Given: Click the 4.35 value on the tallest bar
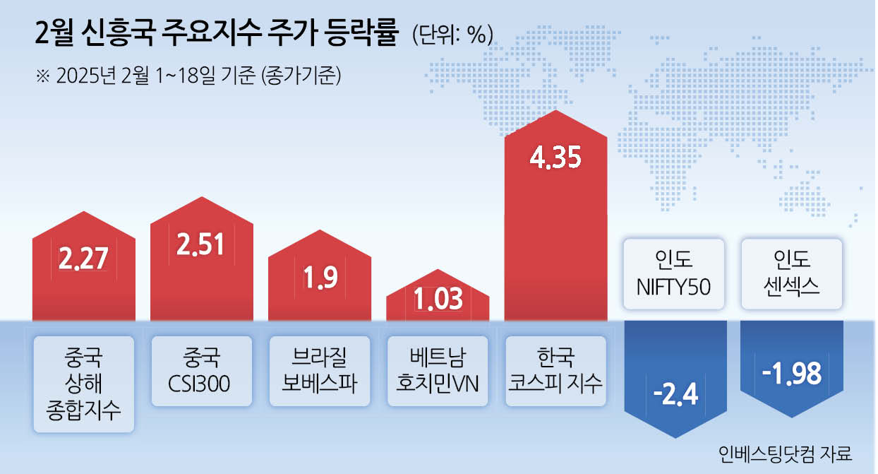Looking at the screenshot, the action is pos(555,158).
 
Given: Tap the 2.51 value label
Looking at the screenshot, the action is pos(200,244).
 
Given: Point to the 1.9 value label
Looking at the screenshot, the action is pos(320,278).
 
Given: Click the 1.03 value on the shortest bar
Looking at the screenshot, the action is pos(438,299).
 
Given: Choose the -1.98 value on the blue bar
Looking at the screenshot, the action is pos(792,373).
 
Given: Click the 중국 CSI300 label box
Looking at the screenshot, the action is pos(202,371).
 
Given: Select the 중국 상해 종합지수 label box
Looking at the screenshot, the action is pos(84,384).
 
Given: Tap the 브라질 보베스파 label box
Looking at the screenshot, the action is pos(320,371).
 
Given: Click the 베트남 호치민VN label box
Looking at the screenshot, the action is pos(438,371).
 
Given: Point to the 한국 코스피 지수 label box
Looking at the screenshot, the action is pos(555,371).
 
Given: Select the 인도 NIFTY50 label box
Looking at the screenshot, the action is pos(674,274).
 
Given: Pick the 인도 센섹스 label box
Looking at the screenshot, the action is pos(792,274).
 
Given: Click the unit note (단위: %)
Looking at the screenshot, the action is pos(452,35).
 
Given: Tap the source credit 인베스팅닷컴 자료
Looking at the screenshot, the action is pos(785,454).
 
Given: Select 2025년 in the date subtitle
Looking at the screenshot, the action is pos(86,75).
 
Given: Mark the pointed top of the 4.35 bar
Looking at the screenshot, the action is pos(555,111).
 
